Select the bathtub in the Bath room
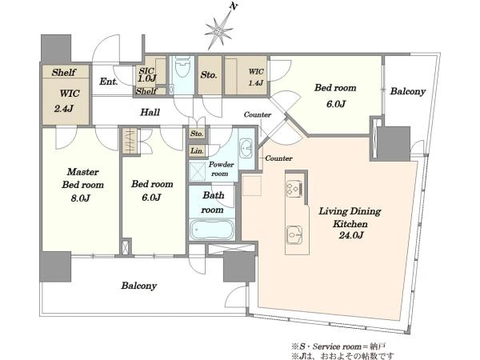tap(212, 230)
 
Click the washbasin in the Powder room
tap(246, 149)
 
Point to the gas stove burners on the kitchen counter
tap(294, 189)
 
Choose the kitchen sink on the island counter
tap(294, 235)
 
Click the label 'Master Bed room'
tap(82, 178)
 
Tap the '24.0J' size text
tap(351, 235)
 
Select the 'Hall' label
tap(150, 112)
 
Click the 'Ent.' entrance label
tap(109, 82)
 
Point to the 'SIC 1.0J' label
tap(147, 75)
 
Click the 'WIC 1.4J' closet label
tap(256, 77)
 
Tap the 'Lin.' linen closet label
tap(197, 150)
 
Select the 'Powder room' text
tap(221, 169)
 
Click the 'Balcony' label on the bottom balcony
tap(139, 286)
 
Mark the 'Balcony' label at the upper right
tap(408, 91)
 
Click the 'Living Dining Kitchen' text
tap(350, 218)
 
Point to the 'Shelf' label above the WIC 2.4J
tap(64, 72)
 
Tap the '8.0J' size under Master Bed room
tap(80, 198)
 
